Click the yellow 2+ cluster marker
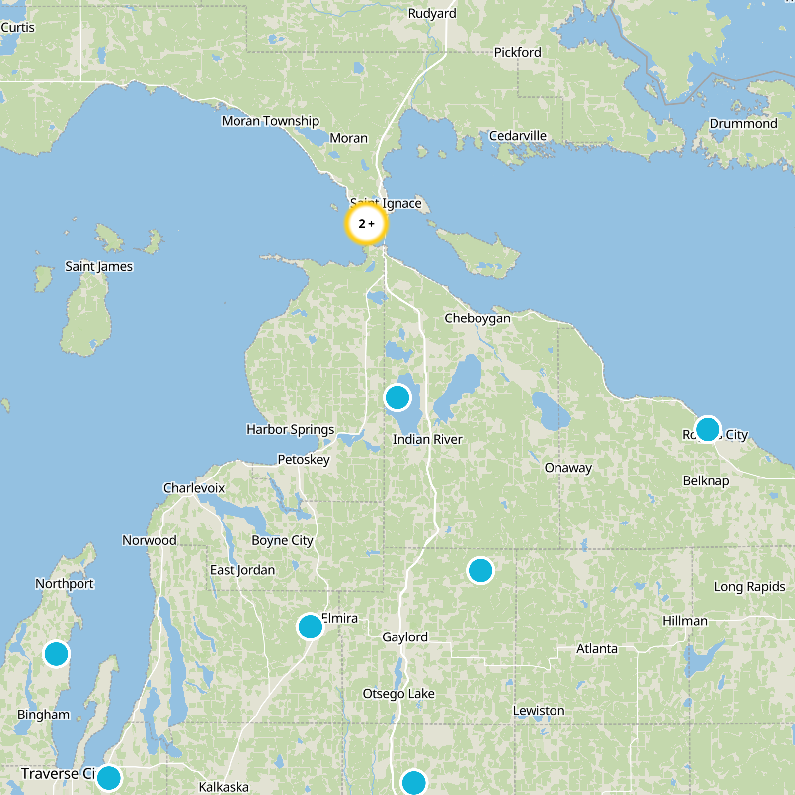pos(366,224)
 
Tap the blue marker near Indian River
pos(397,397)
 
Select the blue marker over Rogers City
pos(708,429)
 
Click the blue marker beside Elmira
pos(310,627)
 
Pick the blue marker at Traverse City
pos(109,778)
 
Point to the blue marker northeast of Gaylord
pos(480,570)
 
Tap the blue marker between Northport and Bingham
pos(56,654)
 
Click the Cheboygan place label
pos(477,318)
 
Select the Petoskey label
pos(303,460)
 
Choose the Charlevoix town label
pos(194,488)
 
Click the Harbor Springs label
pos(290,429)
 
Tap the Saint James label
pos(99,267)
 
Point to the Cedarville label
pos(518,136)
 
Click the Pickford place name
pos(517,52)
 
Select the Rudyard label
pos(432,13)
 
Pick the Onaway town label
pos(568,468)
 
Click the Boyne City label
pos(282,540)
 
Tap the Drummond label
pos(743,124)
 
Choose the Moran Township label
pos(270,121)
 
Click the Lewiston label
pos(539,711)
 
